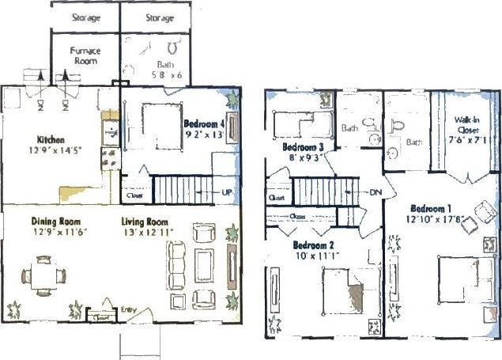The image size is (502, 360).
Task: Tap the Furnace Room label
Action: (85, 55)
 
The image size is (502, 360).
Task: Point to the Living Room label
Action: (146, 221)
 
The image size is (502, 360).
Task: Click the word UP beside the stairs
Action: (228, 193)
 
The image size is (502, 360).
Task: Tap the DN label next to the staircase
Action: (376, 192)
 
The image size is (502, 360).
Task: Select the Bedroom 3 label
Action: (304, 147)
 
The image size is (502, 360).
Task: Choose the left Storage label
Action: (85, 17)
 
